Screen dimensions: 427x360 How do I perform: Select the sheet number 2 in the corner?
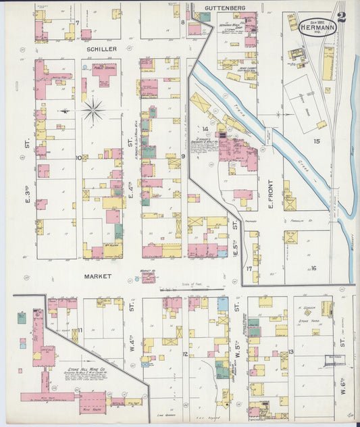342,18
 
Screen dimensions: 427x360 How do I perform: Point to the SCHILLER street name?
101,49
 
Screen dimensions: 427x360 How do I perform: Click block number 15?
316,141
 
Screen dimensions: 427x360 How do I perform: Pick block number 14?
203,128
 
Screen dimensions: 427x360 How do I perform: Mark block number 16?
313,268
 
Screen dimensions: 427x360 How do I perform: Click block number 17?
249,268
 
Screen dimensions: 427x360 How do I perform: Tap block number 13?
290,352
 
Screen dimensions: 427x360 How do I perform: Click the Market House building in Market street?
148,277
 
